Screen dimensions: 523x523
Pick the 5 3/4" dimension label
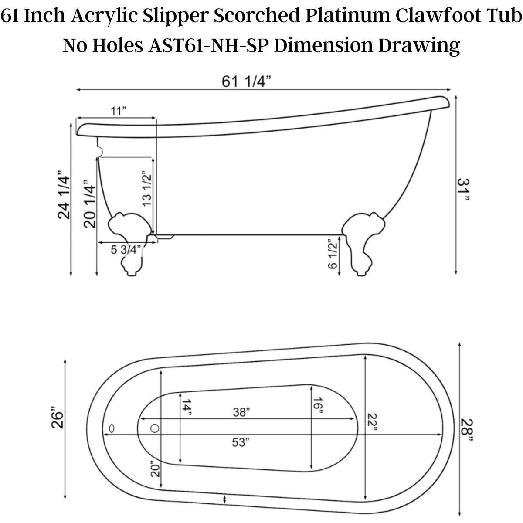pos(126,250)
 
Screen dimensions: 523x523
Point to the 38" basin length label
pos(240,412)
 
